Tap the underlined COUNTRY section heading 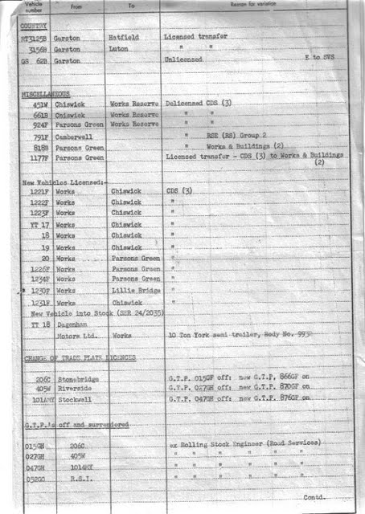34,27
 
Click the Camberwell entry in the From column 72,137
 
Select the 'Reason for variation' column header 256,6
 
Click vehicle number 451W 37,104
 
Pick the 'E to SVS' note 322,59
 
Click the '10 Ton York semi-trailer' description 236,332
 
